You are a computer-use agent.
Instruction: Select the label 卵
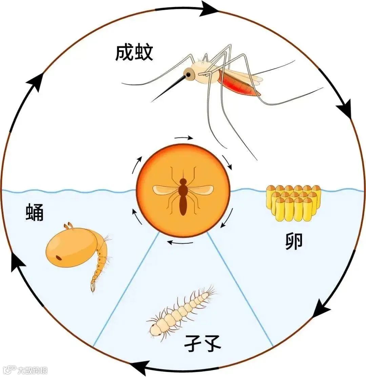point(293,242)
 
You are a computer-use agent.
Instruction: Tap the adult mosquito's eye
point(188,74)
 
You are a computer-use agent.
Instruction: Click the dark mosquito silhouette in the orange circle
point(183,196)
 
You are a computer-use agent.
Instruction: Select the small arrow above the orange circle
point(184,138)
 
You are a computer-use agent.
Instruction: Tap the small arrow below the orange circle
point(181,243)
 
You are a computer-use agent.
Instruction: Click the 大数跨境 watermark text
point(33,370)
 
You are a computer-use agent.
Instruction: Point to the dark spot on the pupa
point(60,258)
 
